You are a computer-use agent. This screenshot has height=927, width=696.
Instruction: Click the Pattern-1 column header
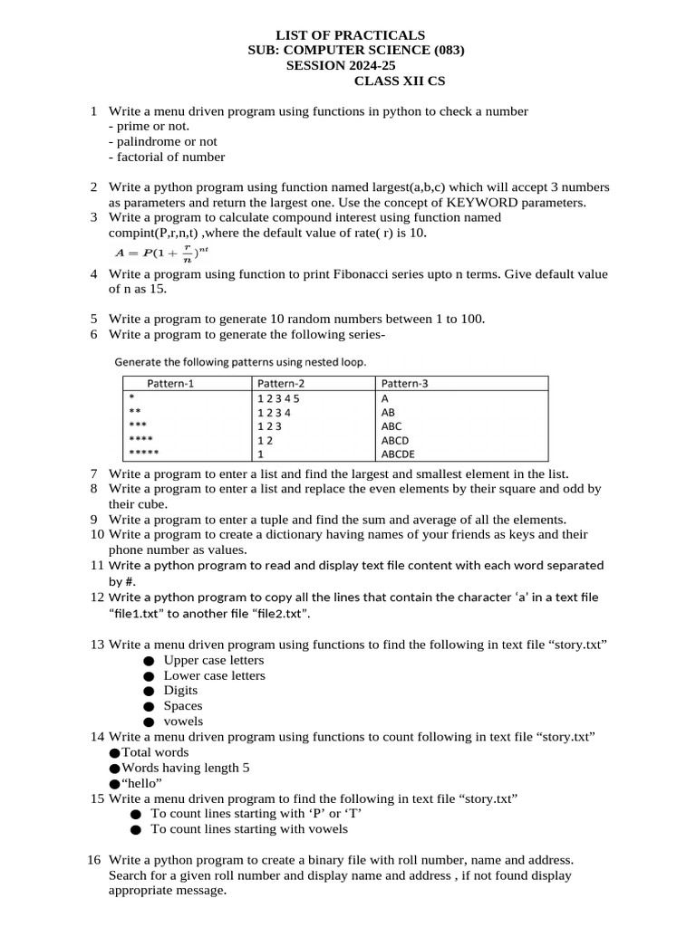click(170, 383)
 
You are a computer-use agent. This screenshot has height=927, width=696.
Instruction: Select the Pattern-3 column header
click(404, 383)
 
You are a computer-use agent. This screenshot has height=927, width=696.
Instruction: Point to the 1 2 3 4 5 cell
click(278, 397)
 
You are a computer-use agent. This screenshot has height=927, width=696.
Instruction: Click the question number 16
click(94, 859)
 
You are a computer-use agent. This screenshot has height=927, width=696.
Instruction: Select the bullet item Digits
click(180, 690)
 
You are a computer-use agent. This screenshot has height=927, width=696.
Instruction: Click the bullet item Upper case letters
click(214, 660)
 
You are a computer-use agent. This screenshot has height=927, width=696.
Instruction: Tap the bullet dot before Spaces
click(149, 706)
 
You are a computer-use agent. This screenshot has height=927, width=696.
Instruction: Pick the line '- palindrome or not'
click(162, 141)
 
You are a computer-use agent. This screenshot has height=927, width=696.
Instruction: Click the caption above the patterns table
click(240, 362)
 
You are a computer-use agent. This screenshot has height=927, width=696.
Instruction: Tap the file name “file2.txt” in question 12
click(279, 613)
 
